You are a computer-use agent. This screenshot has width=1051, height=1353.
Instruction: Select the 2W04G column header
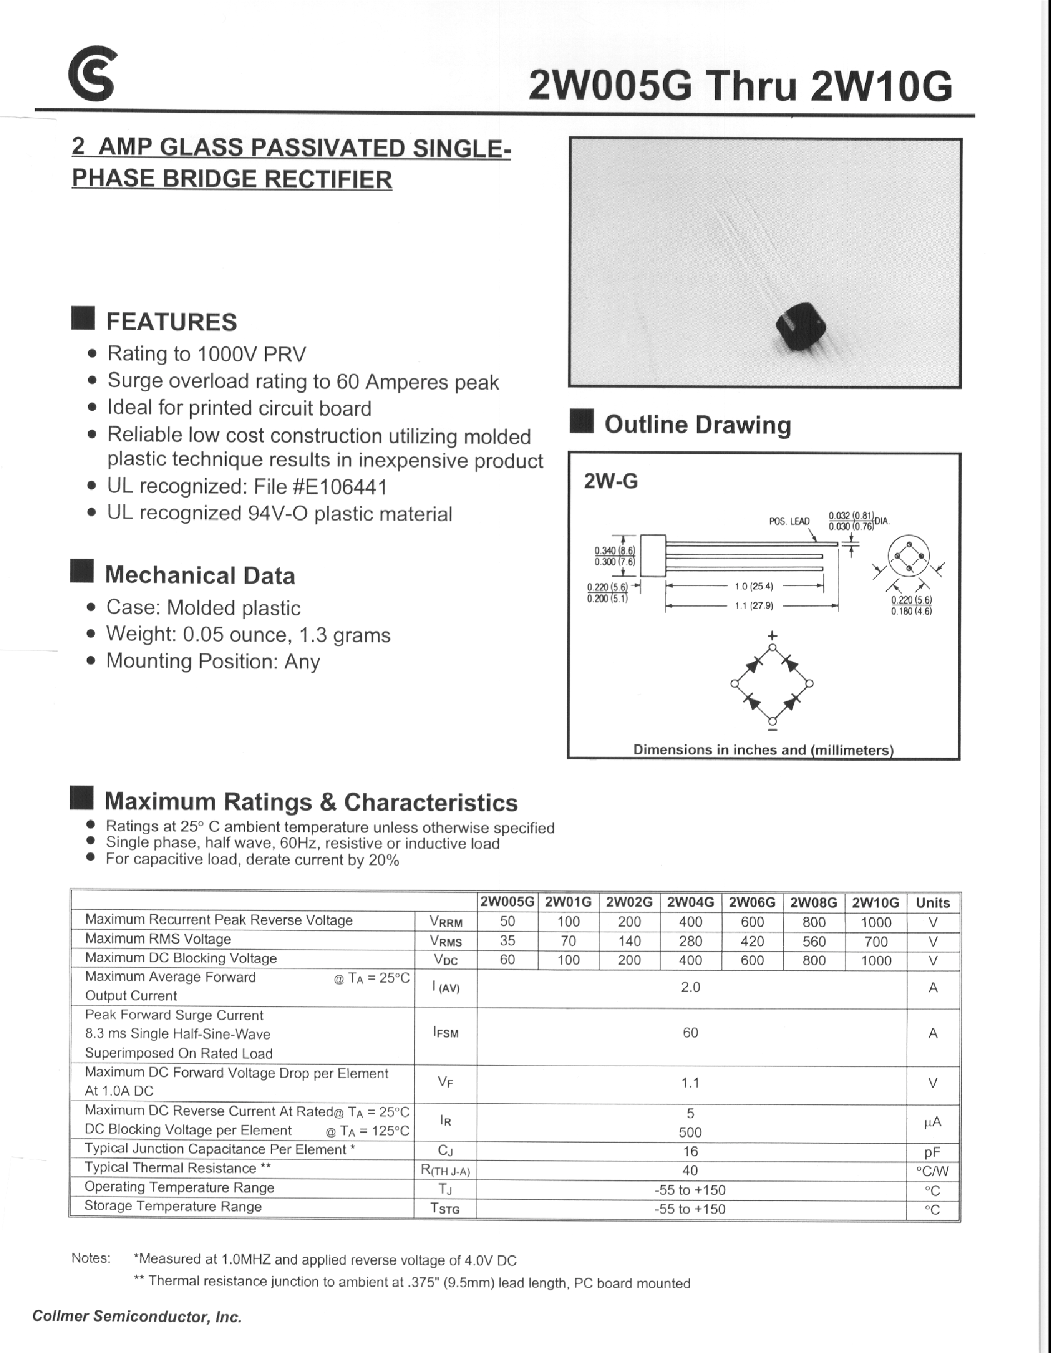tap(690, 902)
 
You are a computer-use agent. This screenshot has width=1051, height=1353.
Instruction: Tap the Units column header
tap(933, 903)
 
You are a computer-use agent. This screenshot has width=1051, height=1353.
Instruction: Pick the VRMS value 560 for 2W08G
tap(814, 941)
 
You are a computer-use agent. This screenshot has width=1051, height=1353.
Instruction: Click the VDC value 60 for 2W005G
tap(507, 960)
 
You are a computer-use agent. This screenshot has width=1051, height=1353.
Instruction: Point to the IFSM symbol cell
tap(445, 1033)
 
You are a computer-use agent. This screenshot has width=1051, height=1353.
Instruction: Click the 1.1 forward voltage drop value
tap(690, 1083)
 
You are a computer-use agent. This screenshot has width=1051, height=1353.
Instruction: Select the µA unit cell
tap(932, 1122)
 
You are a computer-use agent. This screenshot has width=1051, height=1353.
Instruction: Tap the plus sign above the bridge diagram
tap(772, 635)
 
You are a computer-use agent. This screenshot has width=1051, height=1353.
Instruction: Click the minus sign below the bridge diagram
tap(772, 732)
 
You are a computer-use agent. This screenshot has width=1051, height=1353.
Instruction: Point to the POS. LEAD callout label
tap(788, 521)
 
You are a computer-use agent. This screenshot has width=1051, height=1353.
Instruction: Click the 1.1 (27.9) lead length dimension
tap(754, 606)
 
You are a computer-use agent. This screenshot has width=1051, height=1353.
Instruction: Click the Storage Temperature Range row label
tap(173, 1206)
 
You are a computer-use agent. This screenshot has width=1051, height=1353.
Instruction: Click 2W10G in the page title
tap(880, 87)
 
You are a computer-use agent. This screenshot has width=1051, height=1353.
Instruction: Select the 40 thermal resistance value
tap(690, 1170)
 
